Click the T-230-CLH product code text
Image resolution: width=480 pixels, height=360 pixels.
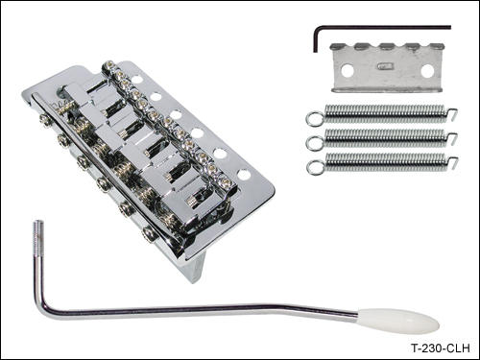coord(441,348)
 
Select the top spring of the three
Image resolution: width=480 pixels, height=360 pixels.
coord(382,113)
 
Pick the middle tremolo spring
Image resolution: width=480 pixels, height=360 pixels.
coord(382,138)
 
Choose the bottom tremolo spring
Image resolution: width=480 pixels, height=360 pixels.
coord(382,162)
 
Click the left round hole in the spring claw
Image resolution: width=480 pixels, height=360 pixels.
coord(347,71)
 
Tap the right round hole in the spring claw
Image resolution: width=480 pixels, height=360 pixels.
coord(427,71)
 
